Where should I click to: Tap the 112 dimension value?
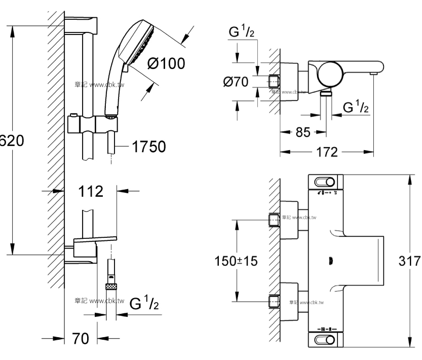point(92,192)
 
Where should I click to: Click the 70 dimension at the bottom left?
point(79,339)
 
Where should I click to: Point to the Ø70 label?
point(237,82)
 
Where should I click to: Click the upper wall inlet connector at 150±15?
point(274,219)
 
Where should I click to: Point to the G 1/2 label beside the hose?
point(144,305)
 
